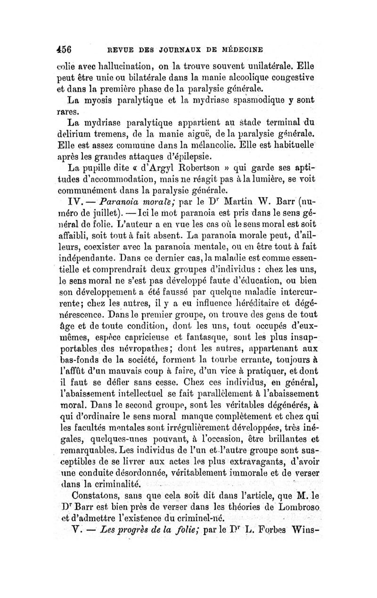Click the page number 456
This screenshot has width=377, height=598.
click(69, 49)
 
